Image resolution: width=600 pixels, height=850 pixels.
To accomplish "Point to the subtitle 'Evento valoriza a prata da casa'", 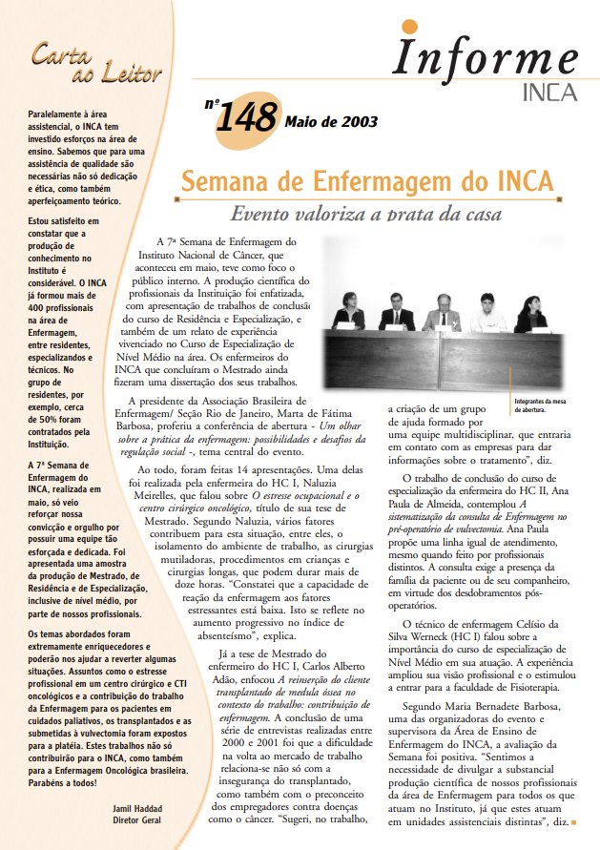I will pyautogui.click(x=366, y=215).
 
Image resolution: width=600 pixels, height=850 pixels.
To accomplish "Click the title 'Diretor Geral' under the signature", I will pyautogui.click(x=136, y=819).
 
